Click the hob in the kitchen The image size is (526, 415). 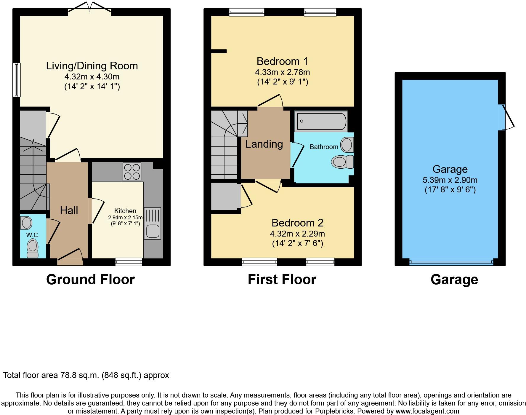click(x=132, y=172)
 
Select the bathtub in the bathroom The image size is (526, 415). click(x=321, y=121)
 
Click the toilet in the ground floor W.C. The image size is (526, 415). click(x=33, y=248)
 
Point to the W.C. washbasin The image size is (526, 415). click(x=26, y=223)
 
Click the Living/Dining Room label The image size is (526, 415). click(x=92, y=66)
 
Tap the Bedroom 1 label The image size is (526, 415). click(x=282, y=61)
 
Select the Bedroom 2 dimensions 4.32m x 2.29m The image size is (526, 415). click(x=297, y=234)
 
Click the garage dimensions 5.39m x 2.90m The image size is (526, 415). click(x=450, y=180)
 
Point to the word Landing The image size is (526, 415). click(x=264, y=144)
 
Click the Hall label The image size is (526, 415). click(x=69, y=210)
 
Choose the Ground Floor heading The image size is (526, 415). click(x=90, y=280)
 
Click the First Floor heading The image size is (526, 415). click(x=282, y=280)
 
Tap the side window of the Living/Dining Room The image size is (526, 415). click(x=17, y=80)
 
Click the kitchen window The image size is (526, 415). click(x=129, y=261)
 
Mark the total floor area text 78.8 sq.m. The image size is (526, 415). click(x=86, y=375)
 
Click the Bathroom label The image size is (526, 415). click(x=324, y=147)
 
